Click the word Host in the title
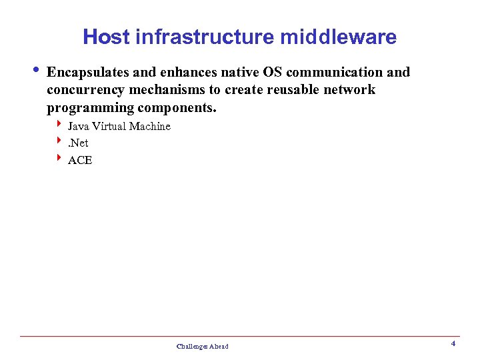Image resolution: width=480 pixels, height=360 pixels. tap(106, 37)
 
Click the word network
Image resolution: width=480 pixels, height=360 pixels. tap(350, 90)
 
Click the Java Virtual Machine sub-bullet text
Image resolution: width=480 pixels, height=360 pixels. tap(119, 127)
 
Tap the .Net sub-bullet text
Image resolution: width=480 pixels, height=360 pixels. tap(78, 143)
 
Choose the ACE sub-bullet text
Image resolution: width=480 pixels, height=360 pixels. tap(80, 161)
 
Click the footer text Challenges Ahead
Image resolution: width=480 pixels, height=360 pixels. tap(202, 347)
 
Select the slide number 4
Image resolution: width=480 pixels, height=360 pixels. tap(453, 344)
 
